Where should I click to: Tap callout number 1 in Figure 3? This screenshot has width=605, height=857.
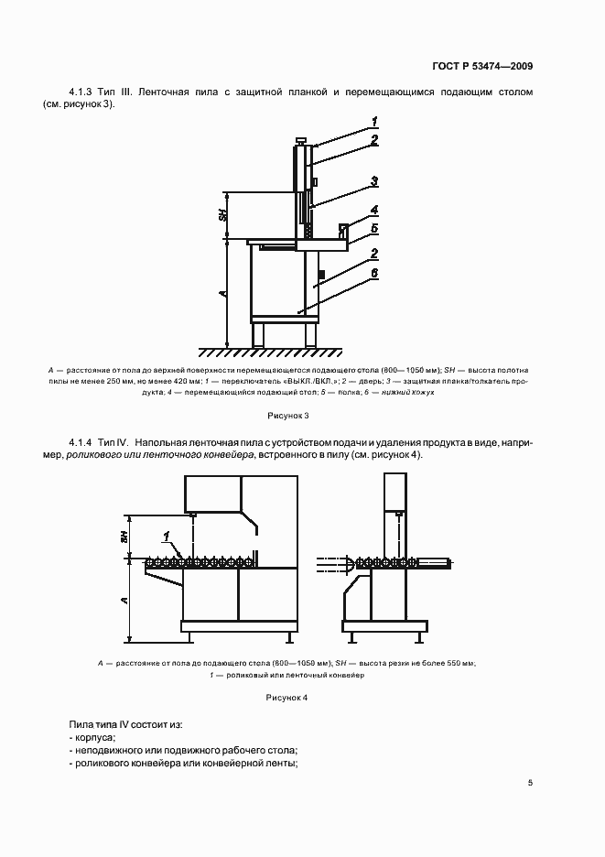375,122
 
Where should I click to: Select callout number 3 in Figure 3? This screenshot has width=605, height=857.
375,180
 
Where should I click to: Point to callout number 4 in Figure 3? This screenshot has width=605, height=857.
375,210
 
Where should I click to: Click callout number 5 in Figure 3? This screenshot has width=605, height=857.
375,227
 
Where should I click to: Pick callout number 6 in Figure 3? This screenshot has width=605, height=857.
375,273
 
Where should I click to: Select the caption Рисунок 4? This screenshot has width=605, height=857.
286,698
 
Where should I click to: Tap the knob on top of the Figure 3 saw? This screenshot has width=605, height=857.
300,141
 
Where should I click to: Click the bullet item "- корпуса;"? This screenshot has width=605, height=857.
92,736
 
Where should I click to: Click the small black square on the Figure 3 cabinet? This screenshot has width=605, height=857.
320,273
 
